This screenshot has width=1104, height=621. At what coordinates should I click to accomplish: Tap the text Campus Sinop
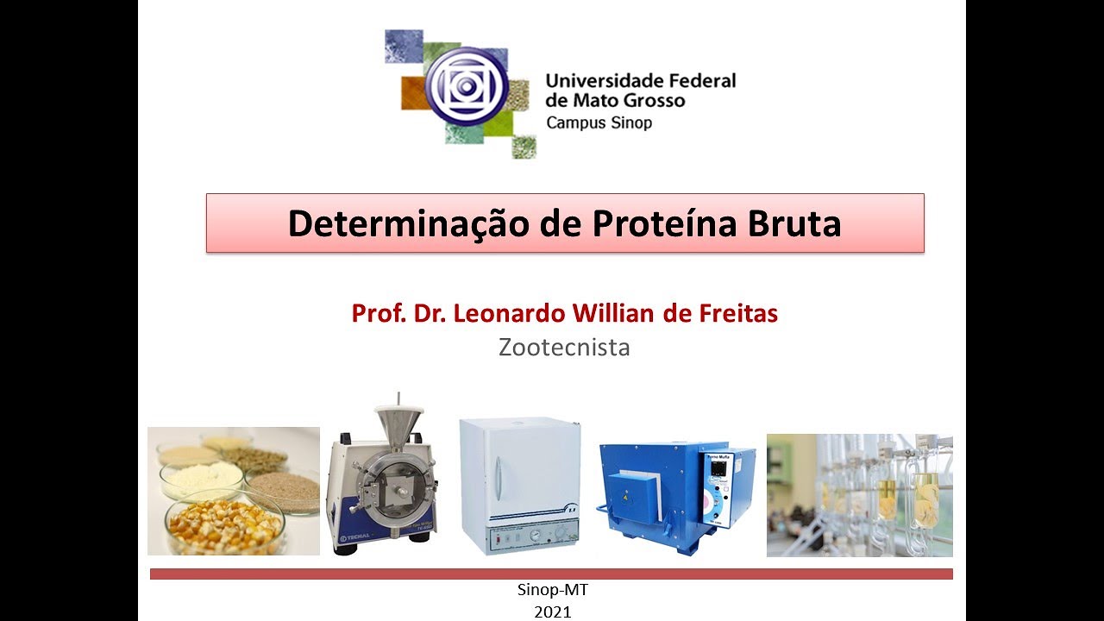click(599, 122)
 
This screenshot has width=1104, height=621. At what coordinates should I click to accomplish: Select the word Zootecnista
click(564, 348)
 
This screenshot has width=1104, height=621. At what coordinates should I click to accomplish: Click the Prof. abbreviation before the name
click(376, 313)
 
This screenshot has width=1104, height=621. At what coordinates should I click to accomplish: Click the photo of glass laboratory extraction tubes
click(859, 495)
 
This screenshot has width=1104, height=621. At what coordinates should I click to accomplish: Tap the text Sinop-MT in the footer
click(552, 592)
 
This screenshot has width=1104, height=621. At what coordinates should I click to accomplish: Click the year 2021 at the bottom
click(552, 612)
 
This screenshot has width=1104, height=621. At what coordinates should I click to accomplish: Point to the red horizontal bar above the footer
click(551, 574)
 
